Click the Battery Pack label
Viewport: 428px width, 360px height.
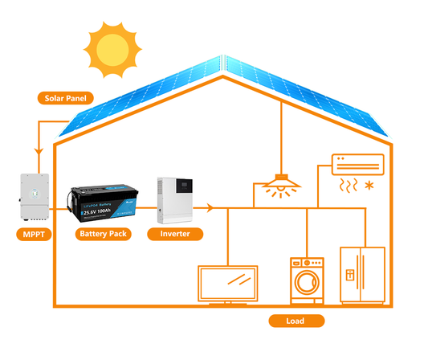pos(102,235)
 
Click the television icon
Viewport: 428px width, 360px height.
pos(230,284)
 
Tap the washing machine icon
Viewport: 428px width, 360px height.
pos(307,279)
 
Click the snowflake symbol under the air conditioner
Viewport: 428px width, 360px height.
pos(369,187)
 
